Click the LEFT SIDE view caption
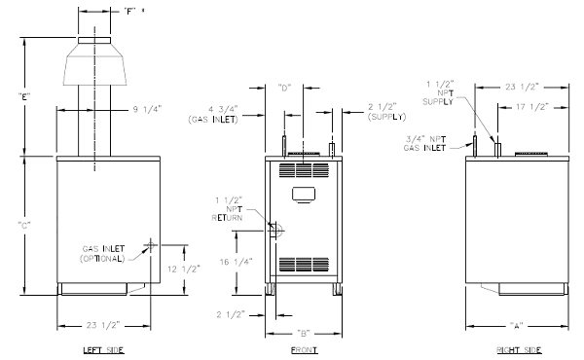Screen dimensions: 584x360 [x=103, y=350]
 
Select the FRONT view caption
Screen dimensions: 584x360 [x=305, y=350]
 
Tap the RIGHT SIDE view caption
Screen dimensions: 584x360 [x=519, y=350]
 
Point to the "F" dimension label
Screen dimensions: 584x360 [x=129, y=11]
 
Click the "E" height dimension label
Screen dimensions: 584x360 [x=24, y=97]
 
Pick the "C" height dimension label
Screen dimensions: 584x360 [x=24, y=225]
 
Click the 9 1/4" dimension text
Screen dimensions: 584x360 [x=148, y=109]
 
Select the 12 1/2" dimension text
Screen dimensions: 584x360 [x=184, y=269]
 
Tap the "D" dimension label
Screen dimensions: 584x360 [x=284, y=88]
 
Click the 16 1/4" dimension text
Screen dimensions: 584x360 [x=237, y=262]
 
